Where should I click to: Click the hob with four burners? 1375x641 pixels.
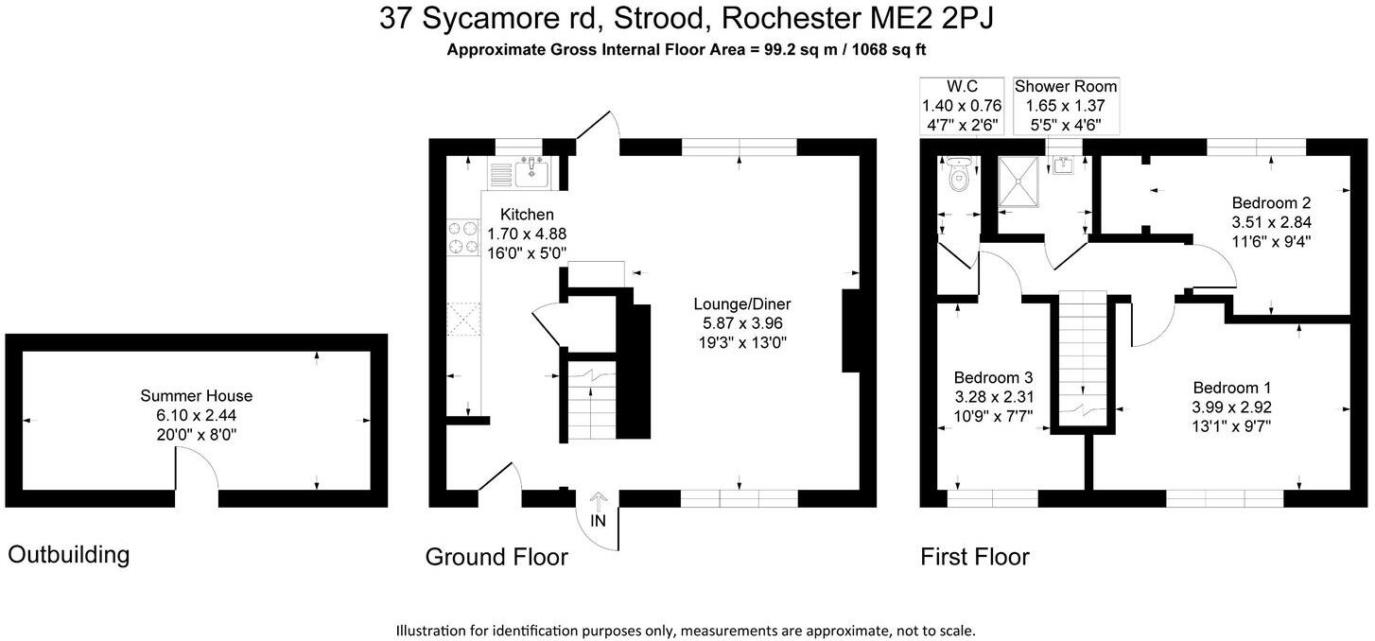pyautogui.click(x=462, y=236)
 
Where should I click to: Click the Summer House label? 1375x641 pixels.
pyautogui.click(x=197, y=396)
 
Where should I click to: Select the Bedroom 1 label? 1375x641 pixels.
pyautogui.click(x=1231, y=388)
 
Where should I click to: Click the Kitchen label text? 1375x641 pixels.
pyautogui.click(x=527, y=215)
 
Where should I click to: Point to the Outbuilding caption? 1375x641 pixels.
pyautogui.click(x=69, y=555)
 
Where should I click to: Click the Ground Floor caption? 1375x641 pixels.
pyautogui.click(x=496, y=557)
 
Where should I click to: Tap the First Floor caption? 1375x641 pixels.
pyautogui.click(x=975, y=557)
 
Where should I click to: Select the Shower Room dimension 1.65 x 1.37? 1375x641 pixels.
pyautogui.click(x=1066, y=106)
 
